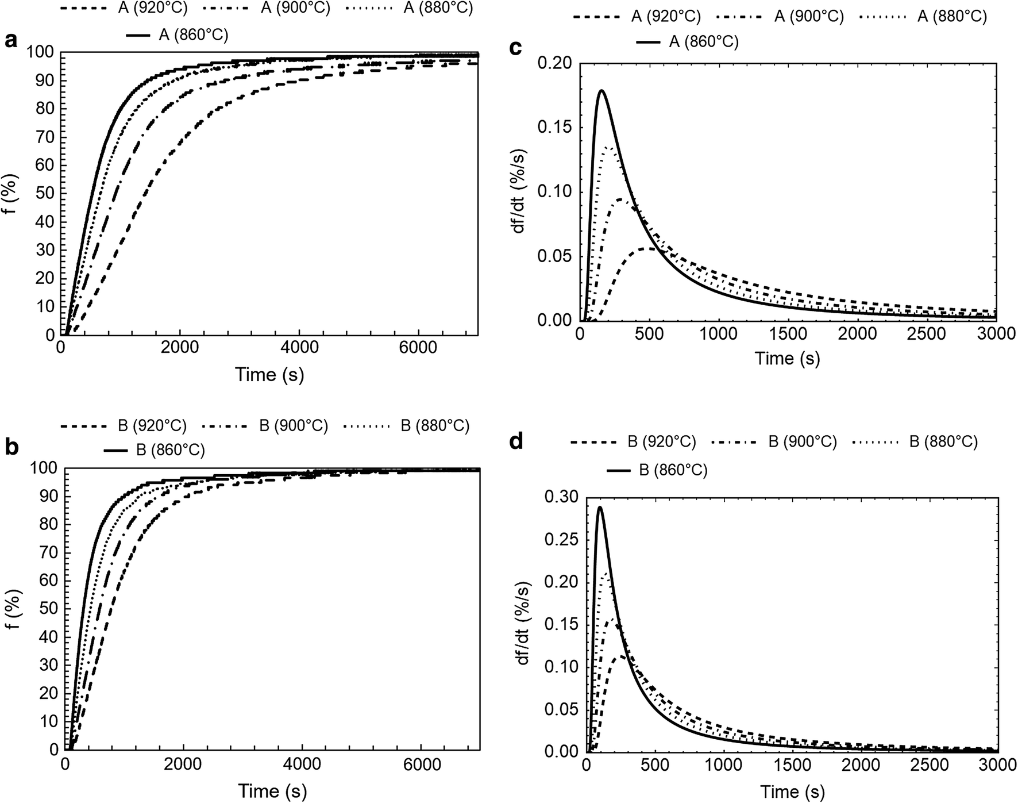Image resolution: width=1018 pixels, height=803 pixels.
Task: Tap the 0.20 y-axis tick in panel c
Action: click(x=554, y=63)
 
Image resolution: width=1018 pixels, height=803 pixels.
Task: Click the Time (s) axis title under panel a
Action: click(x=269, y=374)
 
